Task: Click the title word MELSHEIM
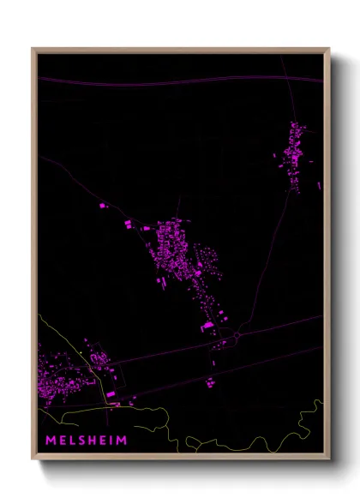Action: point(86,441)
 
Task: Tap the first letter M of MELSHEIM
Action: point(51,441)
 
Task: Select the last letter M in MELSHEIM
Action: point(122,441)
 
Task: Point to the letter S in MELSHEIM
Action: point(81,441)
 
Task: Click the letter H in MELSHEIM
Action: point(92,441)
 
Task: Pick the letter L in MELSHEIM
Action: point(71,441)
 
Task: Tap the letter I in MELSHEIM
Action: point(111,441)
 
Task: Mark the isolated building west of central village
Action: point(104,206)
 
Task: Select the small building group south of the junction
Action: point(210,381)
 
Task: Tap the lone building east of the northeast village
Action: point(319,184)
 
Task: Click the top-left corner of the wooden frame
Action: point(33,50)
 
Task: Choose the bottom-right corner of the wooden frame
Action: point(328,459)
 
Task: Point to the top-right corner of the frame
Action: point(328,50)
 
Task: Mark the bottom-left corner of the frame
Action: point(33,459)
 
